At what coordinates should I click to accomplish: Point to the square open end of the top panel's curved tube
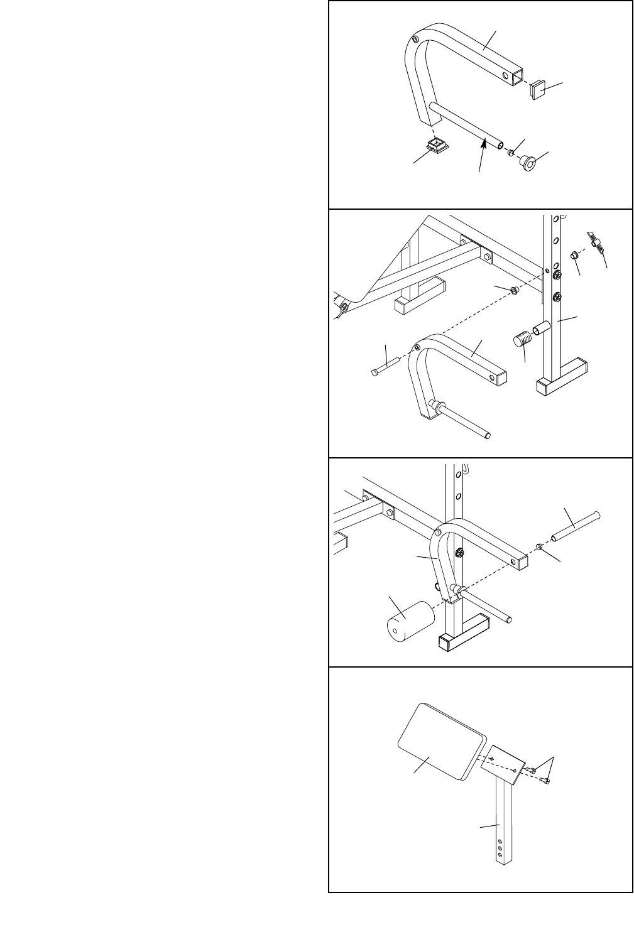[516, 76]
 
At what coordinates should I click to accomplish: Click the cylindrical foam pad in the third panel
[408, 620]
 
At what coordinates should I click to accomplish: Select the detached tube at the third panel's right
[574, 528]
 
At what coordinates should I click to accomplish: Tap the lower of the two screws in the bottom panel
[546, 781]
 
